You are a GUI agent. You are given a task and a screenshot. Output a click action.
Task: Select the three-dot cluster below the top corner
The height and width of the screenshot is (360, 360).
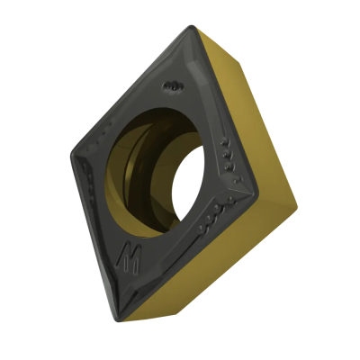(x=173, y=85)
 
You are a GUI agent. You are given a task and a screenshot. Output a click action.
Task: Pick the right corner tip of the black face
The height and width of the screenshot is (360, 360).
(x=257, y=190)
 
